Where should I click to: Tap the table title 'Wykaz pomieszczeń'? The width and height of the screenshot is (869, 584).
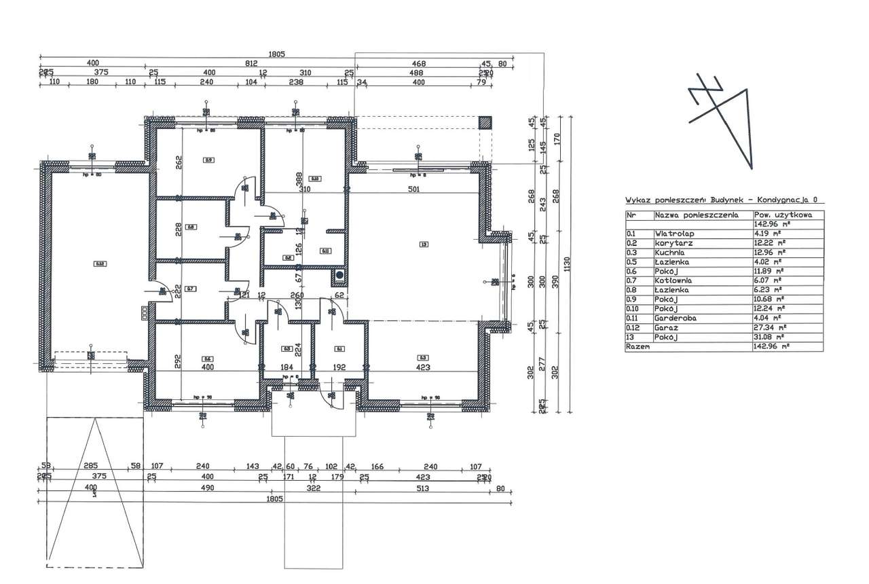(665, 200)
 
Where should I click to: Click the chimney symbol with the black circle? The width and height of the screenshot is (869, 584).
(339, 276)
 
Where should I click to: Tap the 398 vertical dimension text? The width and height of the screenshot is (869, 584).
(298, 178)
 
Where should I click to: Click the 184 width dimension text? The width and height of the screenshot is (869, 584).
(286, 367)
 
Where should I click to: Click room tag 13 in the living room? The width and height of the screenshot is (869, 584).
(424, 244)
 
